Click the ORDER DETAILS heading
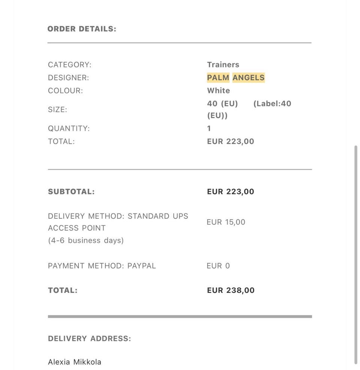82,29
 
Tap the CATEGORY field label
69,65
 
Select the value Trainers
223,65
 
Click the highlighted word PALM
218,78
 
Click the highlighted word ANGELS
248,78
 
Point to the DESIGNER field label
68,78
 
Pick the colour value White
218,91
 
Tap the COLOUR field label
65,91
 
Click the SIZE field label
57,110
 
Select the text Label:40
272,104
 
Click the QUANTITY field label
69,128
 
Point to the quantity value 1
209,128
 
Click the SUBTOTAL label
71,192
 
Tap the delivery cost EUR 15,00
226,222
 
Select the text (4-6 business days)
85,240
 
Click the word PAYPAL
141,266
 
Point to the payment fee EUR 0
218,266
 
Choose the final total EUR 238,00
231,290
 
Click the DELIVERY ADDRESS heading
89,339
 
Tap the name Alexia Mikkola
74,362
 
